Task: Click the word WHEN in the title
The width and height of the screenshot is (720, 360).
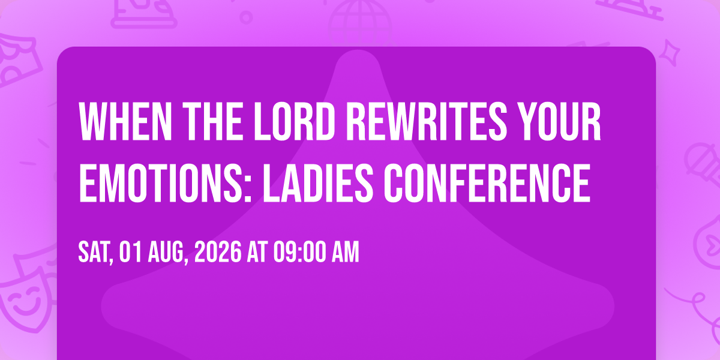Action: (x=125, y=121)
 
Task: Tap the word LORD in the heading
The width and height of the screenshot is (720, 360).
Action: (x=293, y=121)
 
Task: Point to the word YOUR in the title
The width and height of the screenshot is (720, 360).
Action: (x=561, y=121)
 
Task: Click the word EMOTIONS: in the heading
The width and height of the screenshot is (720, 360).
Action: (x=165, y=182)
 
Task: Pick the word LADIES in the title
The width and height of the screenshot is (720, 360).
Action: (x=318, y=182)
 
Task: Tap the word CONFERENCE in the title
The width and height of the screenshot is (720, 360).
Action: (x=487, y=182)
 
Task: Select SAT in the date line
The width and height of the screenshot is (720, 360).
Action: (x=95, y=253)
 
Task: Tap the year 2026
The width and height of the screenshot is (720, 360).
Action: (x=218, y=253)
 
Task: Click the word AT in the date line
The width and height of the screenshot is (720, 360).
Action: (x=257, y=253)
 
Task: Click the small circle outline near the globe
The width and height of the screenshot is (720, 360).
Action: (x=246, y=17)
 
